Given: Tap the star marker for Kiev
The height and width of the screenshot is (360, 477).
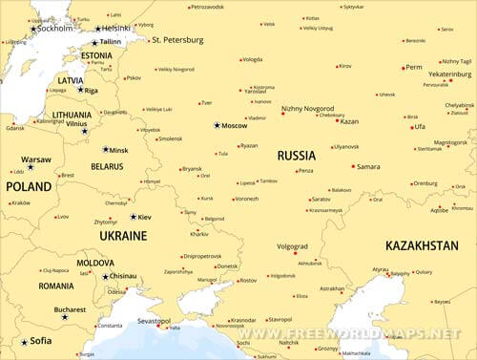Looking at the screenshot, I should [134, 217].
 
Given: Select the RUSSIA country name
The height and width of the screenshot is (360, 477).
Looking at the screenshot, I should [297, 155].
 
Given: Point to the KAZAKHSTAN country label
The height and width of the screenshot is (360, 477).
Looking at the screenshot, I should [423, 245].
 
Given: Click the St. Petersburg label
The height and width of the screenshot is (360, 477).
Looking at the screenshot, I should [177, 40].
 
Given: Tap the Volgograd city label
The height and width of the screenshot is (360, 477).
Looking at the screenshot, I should [292, 245].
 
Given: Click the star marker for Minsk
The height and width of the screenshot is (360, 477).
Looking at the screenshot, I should [106, 150].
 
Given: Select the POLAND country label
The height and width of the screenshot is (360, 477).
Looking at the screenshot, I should [30, 187].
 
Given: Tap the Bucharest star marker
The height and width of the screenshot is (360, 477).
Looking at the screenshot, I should [65, 316].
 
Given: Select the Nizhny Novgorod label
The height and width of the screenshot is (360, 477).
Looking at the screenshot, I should [307, 109].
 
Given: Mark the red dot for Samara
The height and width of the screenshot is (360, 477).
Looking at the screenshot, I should [354, 166].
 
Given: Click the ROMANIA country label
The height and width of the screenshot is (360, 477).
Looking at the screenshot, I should [56, 286].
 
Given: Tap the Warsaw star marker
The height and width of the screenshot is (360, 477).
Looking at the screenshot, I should [30, 166].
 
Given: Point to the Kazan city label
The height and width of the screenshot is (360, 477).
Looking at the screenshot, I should [349, 121].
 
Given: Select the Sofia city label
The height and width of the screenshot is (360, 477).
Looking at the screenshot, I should [40, 341].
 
